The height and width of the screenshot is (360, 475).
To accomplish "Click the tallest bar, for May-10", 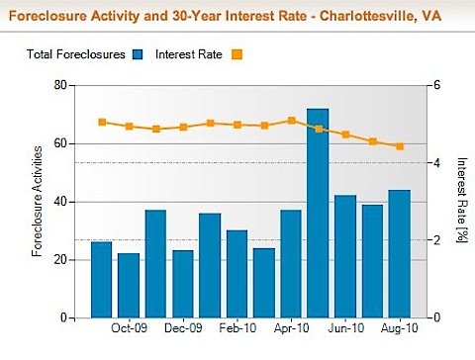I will [318, 213].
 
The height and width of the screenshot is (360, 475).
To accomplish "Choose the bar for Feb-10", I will [237, 273].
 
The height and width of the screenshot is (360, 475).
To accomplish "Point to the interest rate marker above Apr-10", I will [291, 121].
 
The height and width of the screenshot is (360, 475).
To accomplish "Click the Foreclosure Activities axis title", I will [37, 201].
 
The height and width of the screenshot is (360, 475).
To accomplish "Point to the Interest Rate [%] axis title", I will [462, 201].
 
